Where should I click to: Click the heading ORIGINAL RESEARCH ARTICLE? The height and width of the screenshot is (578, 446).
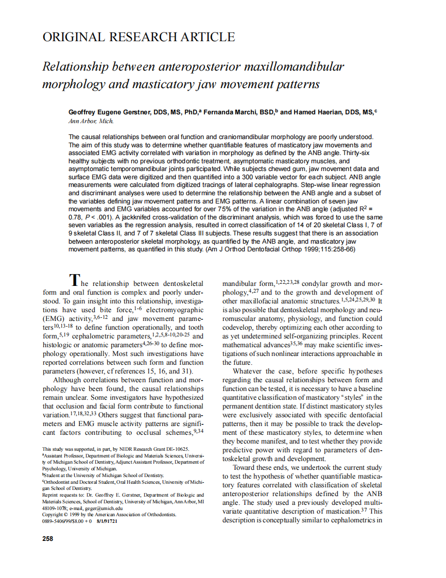point(139,37)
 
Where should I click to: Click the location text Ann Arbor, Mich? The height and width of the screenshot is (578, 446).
point(91,121)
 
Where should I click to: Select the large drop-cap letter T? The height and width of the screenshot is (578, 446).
point(75,280)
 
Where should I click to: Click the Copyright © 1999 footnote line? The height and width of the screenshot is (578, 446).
point(109,514)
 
